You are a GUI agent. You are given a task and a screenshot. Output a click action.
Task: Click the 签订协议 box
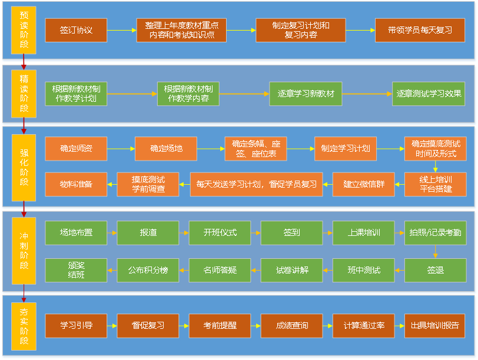click(76, 30)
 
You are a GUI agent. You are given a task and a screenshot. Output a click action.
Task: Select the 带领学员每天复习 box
click(420, 30)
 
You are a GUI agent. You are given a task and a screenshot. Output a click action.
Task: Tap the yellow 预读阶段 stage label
click(24, 30)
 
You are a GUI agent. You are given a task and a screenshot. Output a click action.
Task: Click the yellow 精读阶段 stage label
click(24, 94)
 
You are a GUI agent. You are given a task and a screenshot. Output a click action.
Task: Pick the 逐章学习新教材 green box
click(306, 94)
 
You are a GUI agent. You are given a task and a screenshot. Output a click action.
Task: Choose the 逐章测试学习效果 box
click(428, 94)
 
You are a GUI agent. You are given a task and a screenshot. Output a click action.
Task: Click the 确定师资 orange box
click(76, 149)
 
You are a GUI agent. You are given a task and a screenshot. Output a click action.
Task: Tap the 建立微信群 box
click(364, 184)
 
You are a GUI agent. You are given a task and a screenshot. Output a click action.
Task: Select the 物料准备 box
click(76, 184)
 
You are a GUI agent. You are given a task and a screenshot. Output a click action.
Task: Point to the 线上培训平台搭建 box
click(435, 184)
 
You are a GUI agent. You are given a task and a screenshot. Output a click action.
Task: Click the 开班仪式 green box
click(220, 233)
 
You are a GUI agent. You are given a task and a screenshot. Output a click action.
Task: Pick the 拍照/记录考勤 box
click(435, 233)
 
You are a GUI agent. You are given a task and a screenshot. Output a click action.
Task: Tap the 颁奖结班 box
click(76, 270)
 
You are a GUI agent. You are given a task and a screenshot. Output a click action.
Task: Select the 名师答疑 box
click(220, 270)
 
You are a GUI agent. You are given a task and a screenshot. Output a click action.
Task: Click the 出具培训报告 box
click(435, 325)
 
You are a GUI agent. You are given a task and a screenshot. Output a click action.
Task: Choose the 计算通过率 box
click(363, 325)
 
